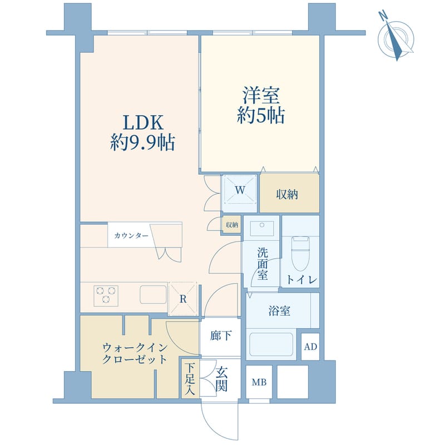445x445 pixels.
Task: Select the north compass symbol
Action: pyautogui.click(x=395, y=37)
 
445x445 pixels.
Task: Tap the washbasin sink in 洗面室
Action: pyautogui.click(x=261, y=229)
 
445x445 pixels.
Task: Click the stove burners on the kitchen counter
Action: pyautogui.click(x=106, y=295)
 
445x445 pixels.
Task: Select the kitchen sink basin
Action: pyautogui.click(x=153, y=295)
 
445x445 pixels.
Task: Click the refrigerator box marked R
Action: pyautogui.click(x=183, y=298)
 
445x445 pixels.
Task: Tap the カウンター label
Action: pyautogui.click(x=131, y=236)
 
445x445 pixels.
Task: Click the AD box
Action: pyautogui.click(x=310, y=347)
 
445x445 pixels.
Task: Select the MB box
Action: pyautogui.click(x=259, y=382)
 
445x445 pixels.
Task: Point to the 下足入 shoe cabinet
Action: pyautogui.click(x=190, y=378)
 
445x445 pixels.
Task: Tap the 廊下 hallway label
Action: pyautogui.click(x=220, y=336)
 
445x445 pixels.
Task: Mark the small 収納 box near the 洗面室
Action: pyautogui.click(x=232, y=225)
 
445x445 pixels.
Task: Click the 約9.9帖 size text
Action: pyautogui.click(x=142, y=144)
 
